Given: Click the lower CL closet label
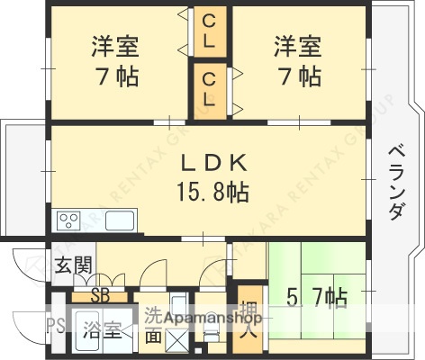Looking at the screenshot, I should [209, 88].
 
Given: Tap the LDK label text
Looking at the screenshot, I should [213, 163].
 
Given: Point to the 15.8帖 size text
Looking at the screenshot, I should [212, 191].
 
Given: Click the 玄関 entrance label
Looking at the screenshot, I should [73, 265].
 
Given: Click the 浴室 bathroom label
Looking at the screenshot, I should [102, 329].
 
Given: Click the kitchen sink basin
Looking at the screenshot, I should [119, 220].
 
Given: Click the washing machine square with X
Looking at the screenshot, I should [176, 340].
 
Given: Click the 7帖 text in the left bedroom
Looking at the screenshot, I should [114, 77].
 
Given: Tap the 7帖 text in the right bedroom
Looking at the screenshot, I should [297, 77].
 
